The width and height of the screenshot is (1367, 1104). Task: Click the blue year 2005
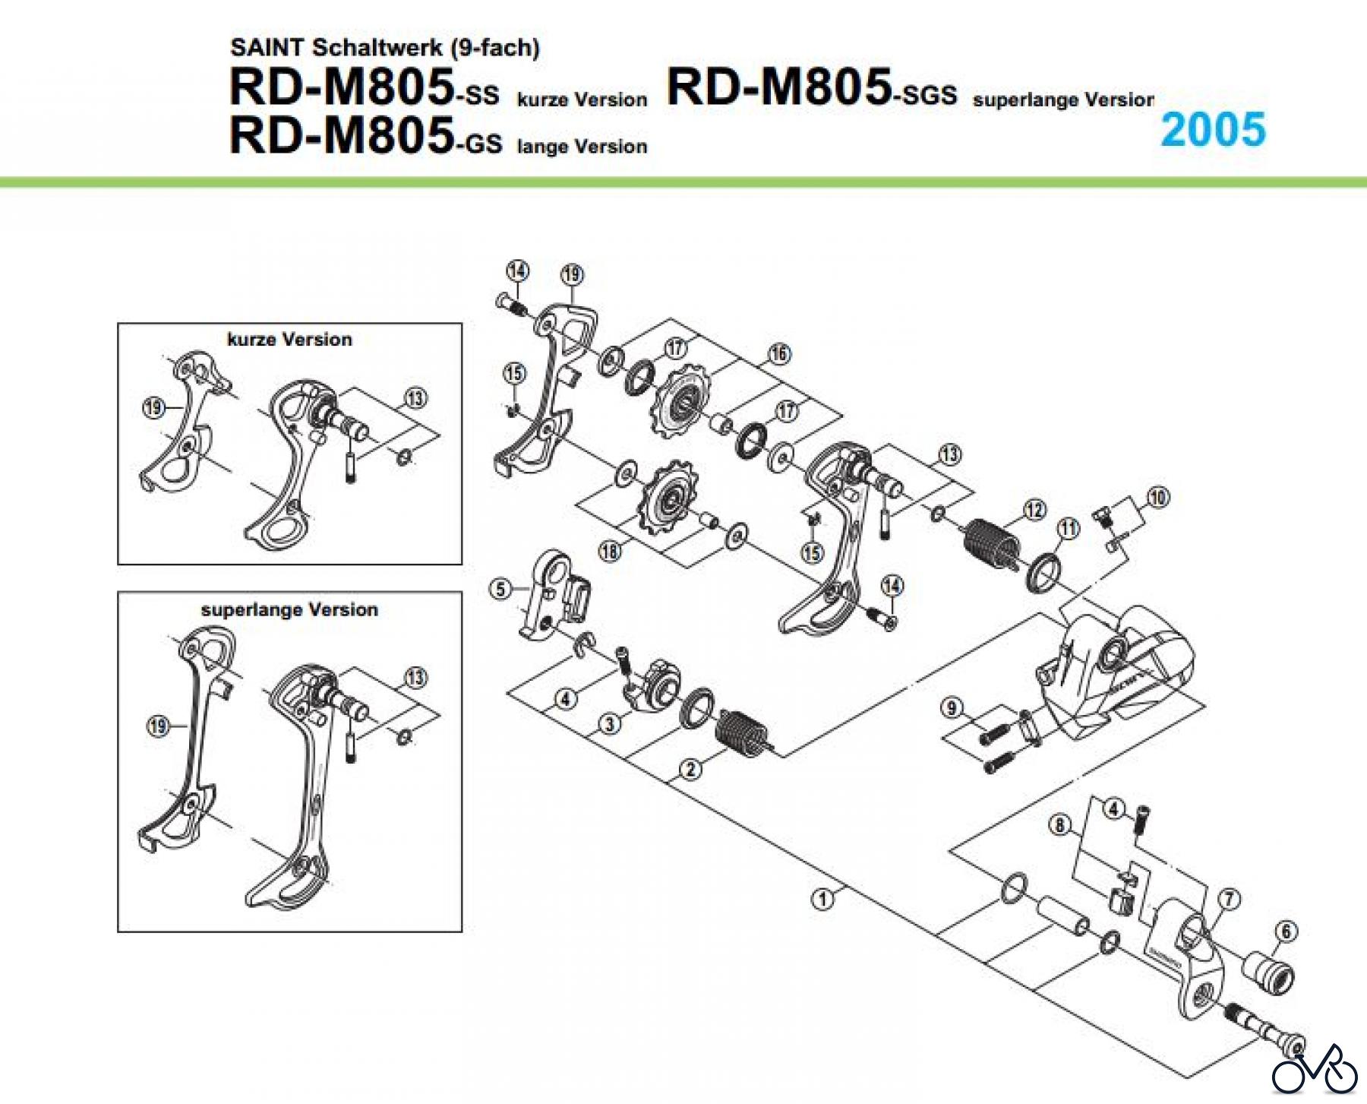1213,129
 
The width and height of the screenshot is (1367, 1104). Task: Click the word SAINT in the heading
268,47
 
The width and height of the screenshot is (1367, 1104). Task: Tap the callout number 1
822,899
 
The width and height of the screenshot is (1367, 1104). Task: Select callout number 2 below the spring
690,770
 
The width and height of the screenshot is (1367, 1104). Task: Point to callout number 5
500,589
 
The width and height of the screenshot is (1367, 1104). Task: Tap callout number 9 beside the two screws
952,708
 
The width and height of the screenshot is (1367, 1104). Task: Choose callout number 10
1157,498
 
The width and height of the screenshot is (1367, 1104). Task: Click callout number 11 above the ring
1068,528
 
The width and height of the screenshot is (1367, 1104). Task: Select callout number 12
1034,509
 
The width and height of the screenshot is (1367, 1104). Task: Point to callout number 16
779,353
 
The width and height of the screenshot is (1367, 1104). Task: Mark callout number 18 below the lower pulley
610,551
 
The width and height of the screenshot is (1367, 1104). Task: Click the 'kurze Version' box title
289,340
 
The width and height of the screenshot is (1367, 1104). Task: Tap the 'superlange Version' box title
289,610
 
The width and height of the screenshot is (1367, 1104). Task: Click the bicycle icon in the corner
1315,1071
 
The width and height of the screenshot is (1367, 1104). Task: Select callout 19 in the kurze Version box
153,408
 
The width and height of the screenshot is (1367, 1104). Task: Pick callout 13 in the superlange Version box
415,677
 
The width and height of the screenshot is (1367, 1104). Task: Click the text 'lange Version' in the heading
582,146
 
